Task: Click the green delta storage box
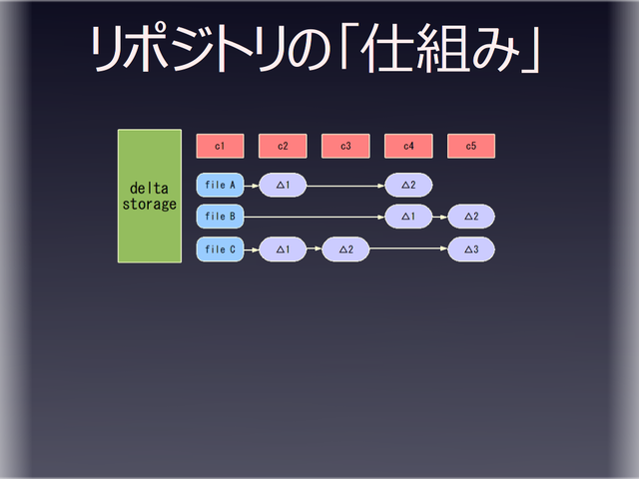coord(150,196)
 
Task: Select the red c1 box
coord(220,146)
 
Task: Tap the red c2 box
coord(283,146)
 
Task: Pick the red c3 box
coord(345,146)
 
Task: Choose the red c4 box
coord(408,146)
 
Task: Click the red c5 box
coord(471,146)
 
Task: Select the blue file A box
coord(220,185)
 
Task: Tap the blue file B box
coord(220,217)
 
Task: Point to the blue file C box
coord(220,249)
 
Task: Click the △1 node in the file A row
coord(283,185)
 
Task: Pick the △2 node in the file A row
coord(408,185)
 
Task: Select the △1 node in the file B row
coord(408,217)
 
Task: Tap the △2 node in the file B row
coord(471,217)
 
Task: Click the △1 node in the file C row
coord(283,249)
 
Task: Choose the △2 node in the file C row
coord(345,249)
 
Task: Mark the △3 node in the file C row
coord(471,249)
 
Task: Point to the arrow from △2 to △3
coord(408,249)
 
